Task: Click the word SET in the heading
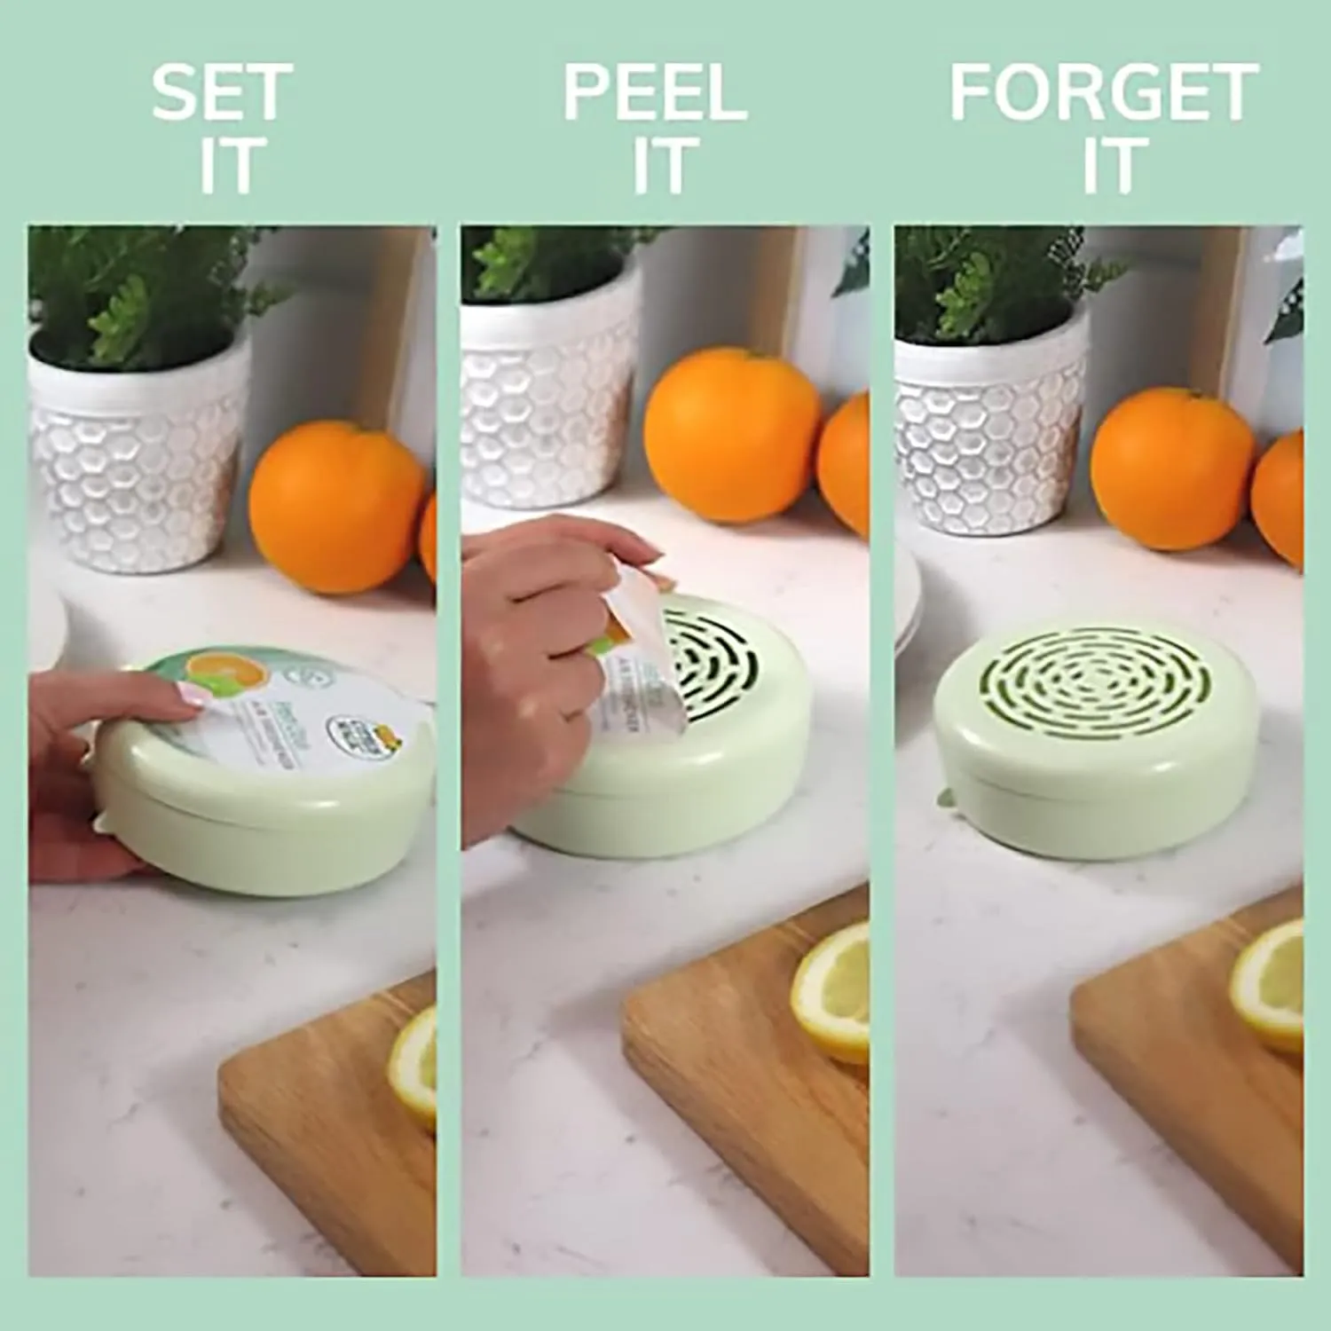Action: (221, 92)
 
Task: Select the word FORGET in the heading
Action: (1104, 92)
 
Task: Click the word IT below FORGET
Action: (1109, 165)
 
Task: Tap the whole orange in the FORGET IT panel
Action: (1173, 468)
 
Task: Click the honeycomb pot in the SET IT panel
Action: (138, 453)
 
